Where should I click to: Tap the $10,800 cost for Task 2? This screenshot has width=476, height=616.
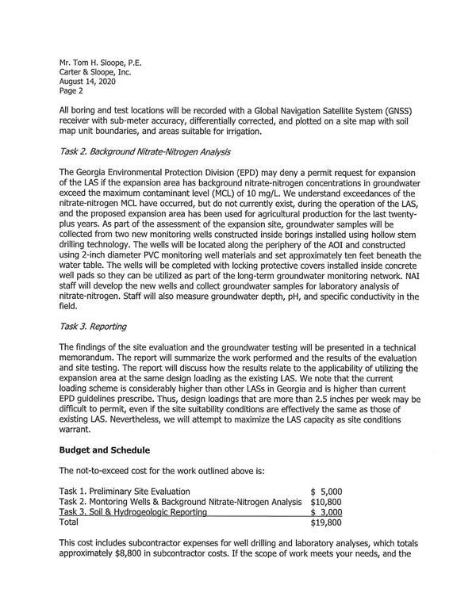tap(326, 502)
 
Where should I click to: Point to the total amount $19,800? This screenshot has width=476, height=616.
tap(326, 523)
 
